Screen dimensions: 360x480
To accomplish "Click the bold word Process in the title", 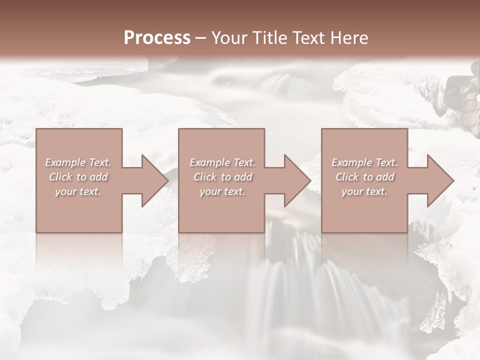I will coord(157,38).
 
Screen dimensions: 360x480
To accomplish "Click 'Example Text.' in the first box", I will coord(78,162).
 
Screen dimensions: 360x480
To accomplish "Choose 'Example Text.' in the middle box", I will coord(222,162).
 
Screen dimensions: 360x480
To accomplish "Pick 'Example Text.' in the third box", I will coord(364,162).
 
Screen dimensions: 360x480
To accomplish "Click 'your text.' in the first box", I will coord(78,192).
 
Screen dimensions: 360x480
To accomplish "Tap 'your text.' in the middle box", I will coord(222,192).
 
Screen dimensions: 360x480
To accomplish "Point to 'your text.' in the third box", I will coord(364,192).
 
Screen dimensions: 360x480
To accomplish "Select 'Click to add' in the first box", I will coord(78,177).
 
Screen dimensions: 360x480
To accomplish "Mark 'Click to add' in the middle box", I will coord(222,177).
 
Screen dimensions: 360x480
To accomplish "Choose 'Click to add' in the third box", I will coord(364,177).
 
